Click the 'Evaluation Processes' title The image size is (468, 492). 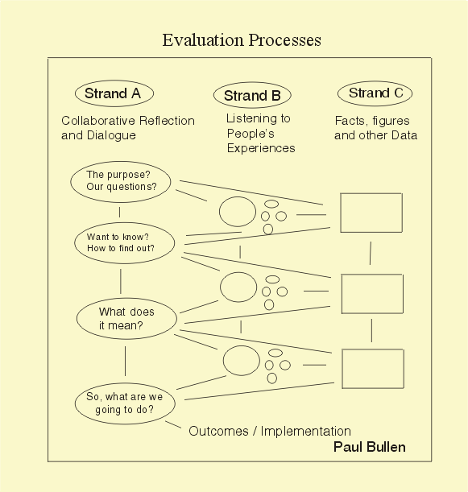click(x=242, y=40)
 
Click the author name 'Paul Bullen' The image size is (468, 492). click(x=370, y=447)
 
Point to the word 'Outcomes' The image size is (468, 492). click(x=218, y=432)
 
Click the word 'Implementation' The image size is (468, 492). click(x=306, y=432)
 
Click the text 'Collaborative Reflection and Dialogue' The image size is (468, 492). click(x=128, y=128)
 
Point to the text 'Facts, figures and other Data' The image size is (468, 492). click(x=375, y=128)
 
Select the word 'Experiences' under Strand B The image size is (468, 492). click(x=261, y=148)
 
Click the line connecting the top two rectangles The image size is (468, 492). click(x=371, y=253)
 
